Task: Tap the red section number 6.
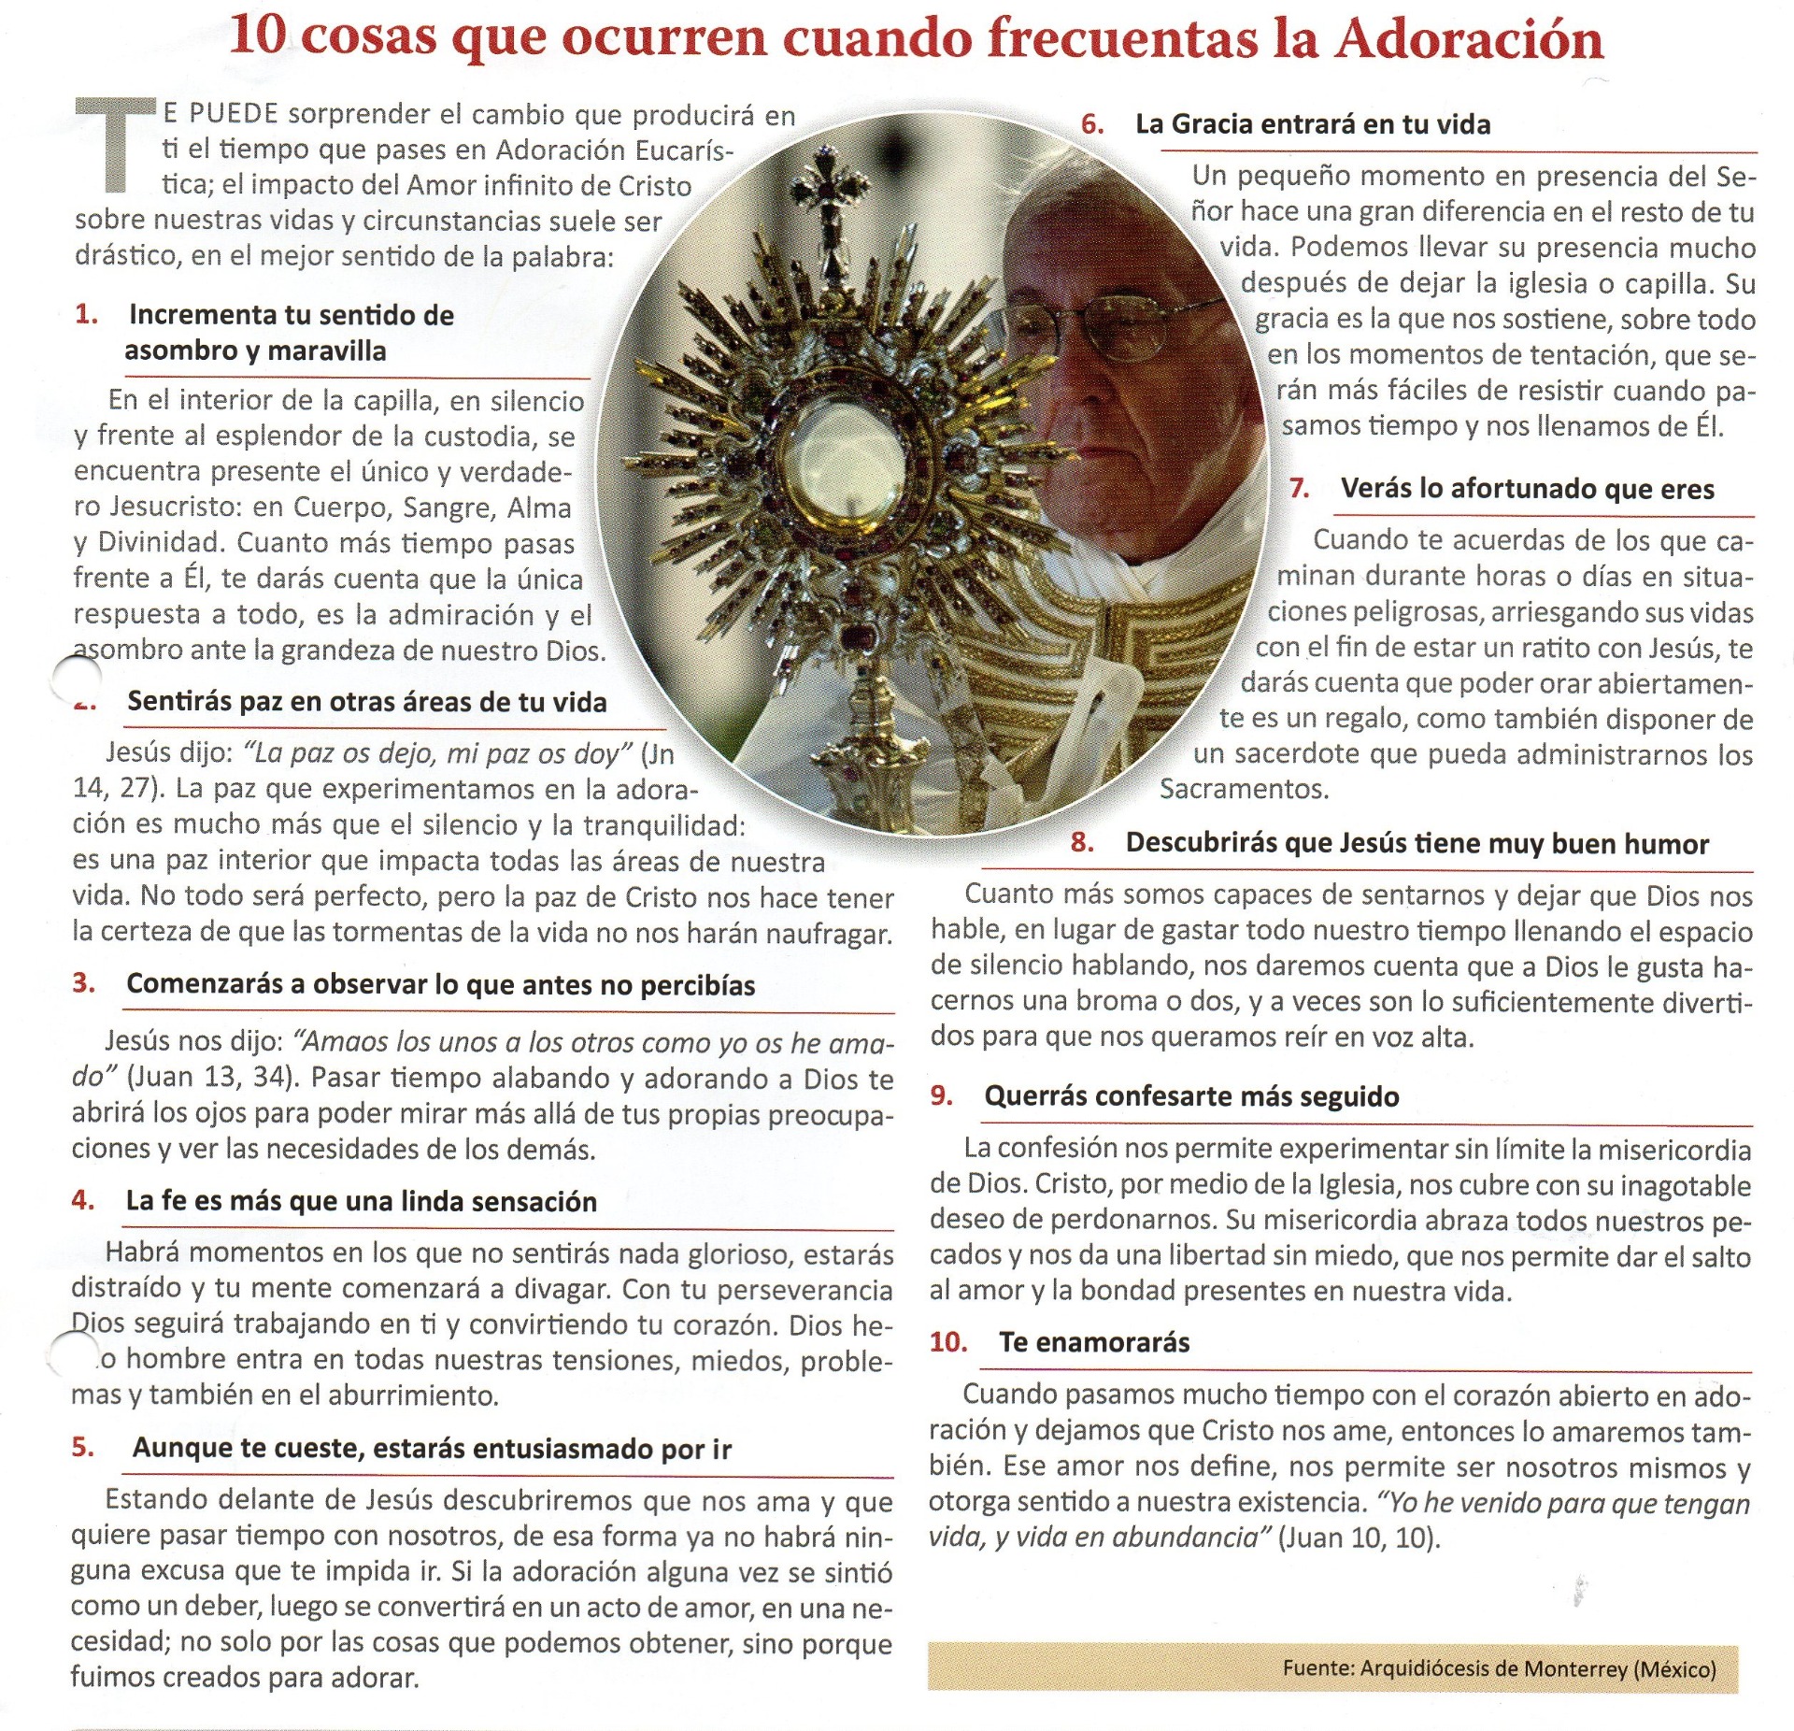1091,124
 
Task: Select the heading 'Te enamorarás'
1094,1343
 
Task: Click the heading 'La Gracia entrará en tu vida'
1312,124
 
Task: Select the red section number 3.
83,982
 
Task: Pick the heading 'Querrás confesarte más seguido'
1191,1096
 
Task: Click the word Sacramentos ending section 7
1243,789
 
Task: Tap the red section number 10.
948,1342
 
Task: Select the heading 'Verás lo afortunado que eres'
1527,489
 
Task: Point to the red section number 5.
83,1447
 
